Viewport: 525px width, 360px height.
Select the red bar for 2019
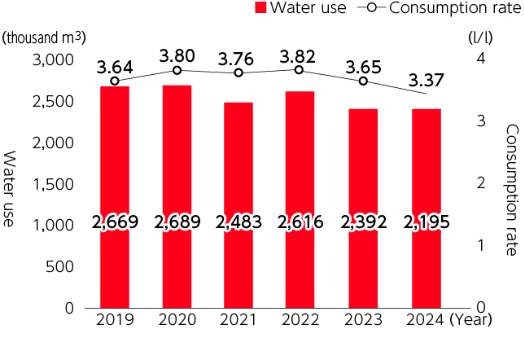[115, 163]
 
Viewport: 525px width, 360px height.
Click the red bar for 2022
[300, 163]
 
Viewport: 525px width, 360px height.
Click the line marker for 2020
[177, 70]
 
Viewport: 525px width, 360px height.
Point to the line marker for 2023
[363, 81]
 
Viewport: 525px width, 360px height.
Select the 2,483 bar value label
[238, 222]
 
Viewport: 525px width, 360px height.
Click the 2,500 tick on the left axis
[52, 102]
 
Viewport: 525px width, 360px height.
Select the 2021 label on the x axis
[238, 319]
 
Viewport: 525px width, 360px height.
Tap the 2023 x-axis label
[363, 319]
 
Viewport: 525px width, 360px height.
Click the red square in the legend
[260, 9]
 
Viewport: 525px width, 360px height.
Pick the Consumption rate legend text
[454, 9]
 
